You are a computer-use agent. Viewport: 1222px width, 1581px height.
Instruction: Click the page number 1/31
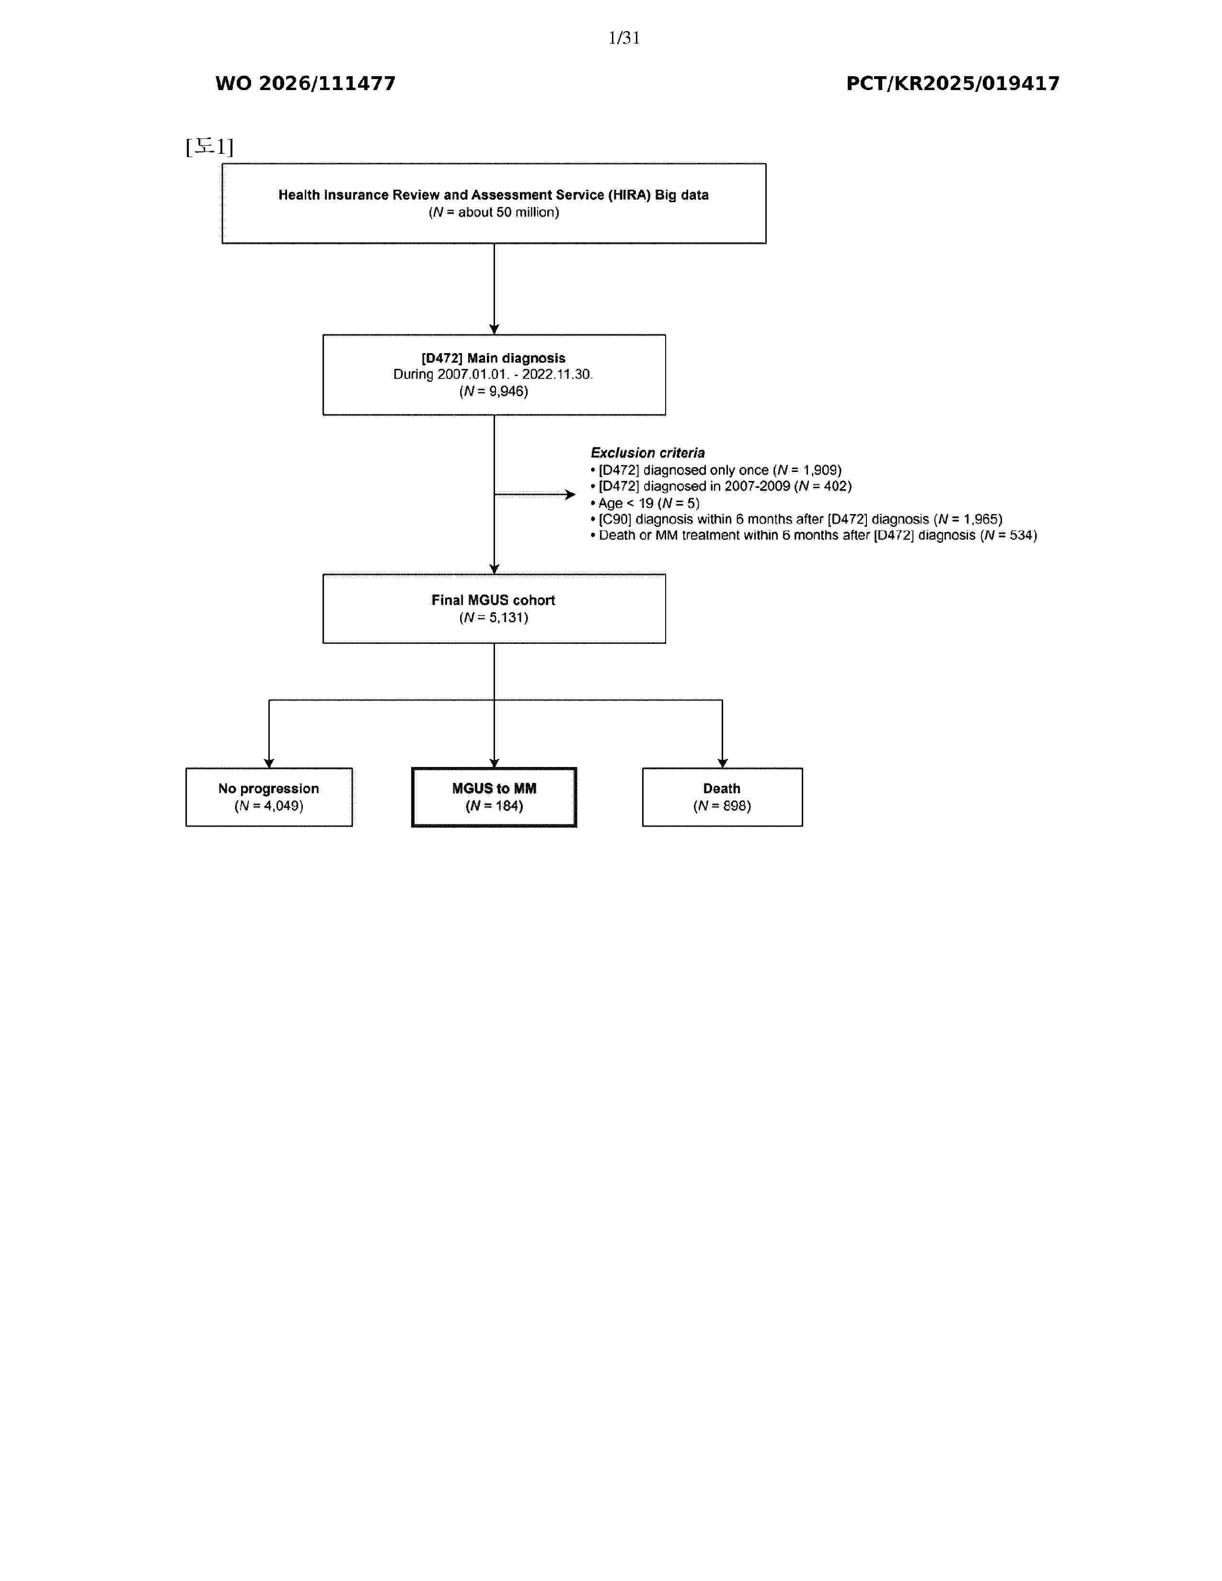[624, 38]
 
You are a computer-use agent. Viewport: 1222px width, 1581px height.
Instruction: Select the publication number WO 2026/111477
[306, 84]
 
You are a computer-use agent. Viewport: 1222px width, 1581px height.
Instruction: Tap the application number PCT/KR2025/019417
[953, 84]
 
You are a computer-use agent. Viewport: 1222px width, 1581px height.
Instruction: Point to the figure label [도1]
[209, 147]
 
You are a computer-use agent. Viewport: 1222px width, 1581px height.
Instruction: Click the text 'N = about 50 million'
[494, 212]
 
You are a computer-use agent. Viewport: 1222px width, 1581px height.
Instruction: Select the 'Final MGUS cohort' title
[494, 600]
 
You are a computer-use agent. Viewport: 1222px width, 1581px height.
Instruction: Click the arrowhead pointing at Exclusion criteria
[570, 494]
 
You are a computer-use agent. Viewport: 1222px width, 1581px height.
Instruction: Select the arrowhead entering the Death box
[723, 763]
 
